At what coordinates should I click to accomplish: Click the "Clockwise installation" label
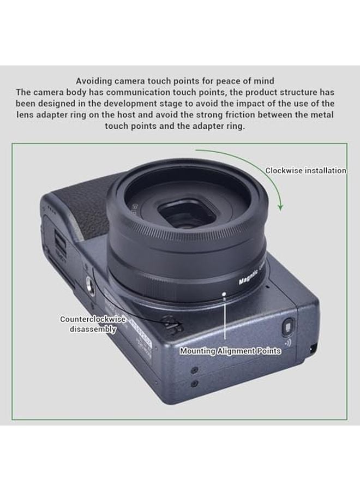coord(306,170)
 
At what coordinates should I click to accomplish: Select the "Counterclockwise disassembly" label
coord(93,324)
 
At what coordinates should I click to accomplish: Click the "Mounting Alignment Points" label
coord(231,351)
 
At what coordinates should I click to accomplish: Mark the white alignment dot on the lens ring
coord(225,294)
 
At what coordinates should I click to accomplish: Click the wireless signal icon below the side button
coord(287,344)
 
